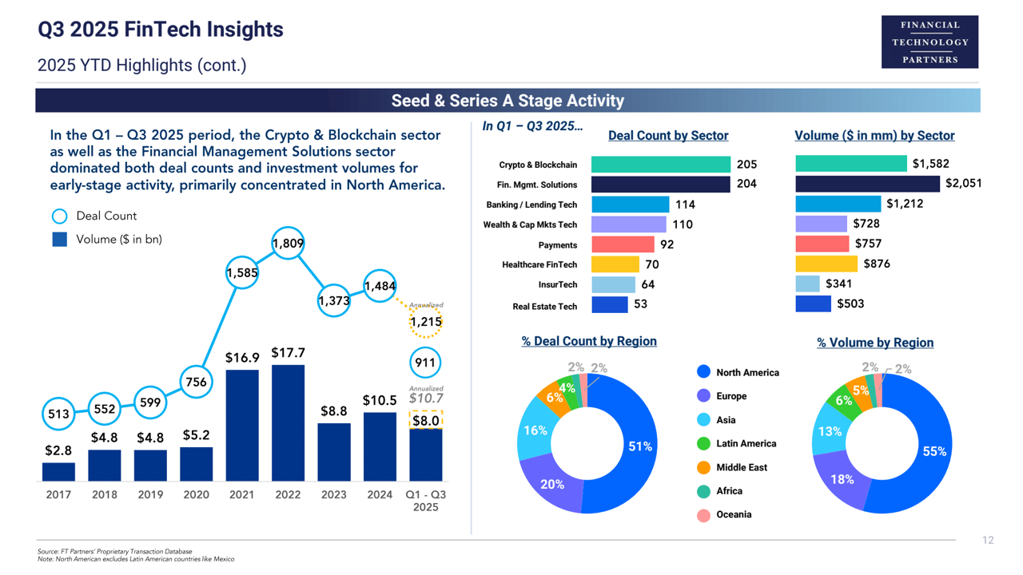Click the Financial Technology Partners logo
(x=929, y=42)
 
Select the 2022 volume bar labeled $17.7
(x=288, y=422)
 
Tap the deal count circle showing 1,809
(x=288, y=243)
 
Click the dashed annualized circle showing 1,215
(x=425, y=322)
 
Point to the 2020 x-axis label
(x=196, y=494)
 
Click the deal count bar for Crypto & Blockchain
(x=660, y=165)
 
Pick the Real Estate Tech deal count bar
(x=609, y=304)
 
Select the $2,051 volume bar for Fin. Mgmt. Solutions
(x=868, y=184)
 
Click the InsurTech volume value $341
(x=838, y=284)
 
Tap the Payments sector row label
(x=557, y=245)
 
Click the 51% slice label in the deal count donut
(x=640, y=446)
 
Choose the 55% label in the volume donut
(x=934, y=451)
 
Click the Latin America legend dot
(x=703, y=443)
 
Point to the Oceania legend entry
(x=733, y=515)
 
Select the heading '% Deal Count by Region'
(x=589, y=341)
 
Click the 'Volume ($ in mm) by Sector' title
(x=874, y=136)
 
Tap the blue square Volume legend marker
(x=59, y=239)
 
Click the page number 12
(x=988, y=541)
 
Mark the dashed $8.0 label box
(x=425, y=420)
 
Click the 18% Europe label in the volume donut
(x=842, y=479)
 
